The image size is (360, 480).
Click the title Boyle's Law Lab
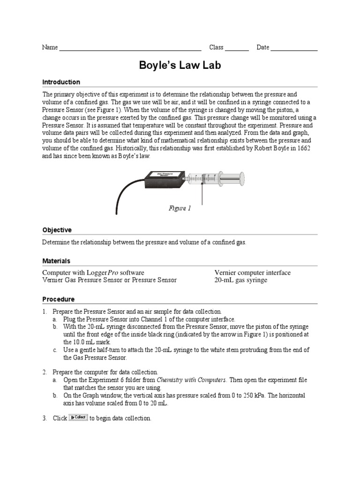coord(180,66)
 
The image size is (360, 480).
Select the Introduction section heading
coord(61,82)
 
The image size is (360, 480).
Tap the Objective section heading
coord(57,230)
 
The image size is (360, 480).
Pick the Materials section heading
coord(56,261)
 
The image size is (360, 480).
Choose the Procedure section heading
coord(58,299)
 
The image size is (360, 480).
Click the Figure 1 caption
coord(180,209)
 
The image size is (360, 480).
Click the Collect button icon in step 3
coord(78,418)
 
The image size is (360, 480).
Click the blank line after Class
coord(237,49)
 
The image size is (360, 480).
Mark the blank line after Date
coord(294,49)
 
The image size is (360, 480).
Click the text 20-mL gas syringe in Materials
coord(240,280)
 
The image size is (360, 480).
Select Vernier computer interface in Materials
coord(252,272)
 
